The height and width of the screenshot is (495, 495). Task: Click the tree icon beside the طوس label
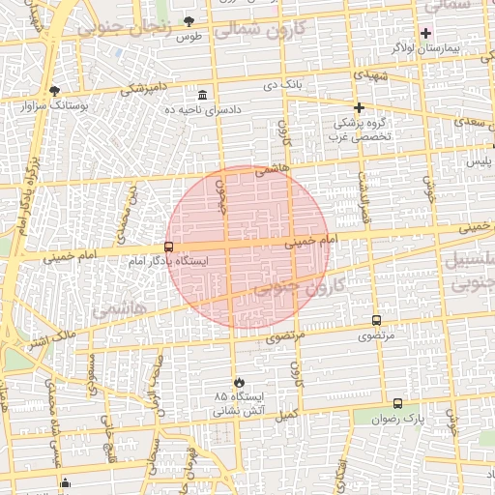click(x=189, y=20)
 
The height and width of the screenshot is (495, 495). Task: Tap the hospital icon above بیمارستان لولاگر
click(x=425, y=33)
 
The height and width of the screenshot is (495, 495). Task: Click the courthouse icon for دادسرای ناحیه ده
click(x=202, y=96)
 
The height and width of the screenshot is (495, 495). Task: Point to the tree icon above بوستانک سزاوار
click(x=53, y=91)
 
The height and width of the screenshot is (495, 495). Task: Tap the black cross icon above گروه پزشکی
click(x=359, y=107)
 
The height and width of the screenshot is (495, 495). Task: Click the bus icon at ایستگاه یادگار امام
click(x=169, y=247)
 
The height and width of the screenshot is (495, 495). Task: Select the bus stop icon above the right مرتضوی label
click(x=376, y=320)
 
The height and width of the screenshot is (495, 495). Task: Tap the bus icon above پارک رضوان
click(x=397, y=404)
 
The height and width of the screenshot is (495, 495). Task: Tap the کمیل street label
click(x=286, y=414)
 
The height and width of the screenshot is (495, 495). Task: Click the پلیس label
click(x=480, y=162)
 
